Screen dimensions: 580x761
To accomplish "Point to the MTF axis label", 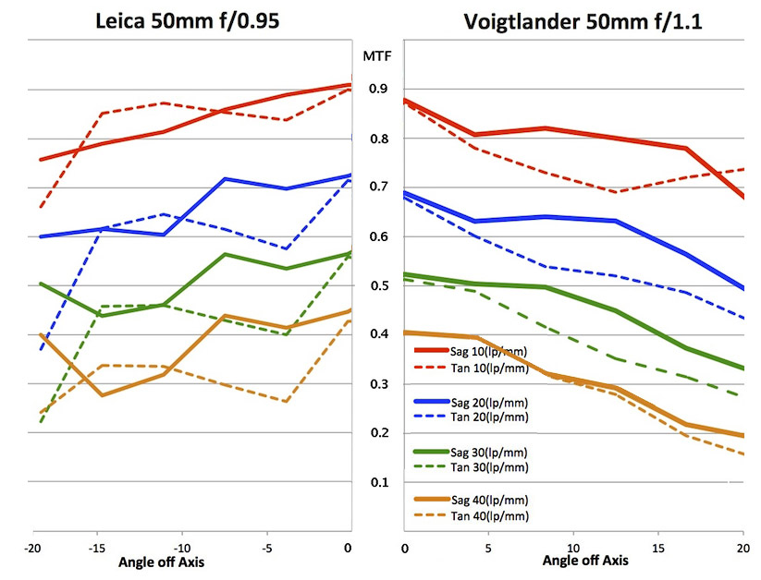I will point(378,56).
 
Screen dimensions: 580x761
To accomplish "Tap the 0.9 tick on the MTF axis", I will point(378,89).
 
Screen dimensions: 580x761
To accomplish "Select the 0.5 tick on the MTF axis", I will point(378,285).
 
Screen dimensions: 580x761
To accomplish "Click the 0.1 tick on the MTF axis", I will point(378,482).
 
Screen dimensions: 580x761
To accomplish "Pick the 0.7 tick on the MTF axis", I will point(378,187).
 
